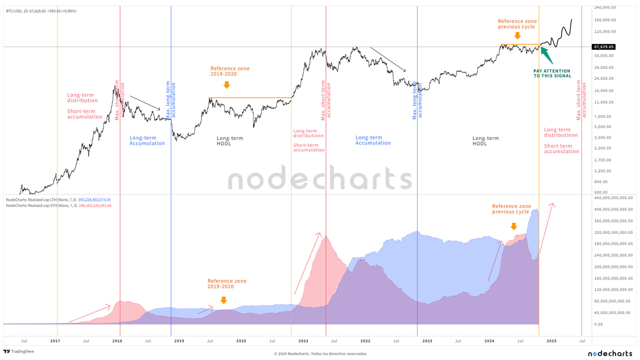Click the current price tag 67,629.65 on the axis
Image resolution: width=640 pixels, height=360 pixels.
603,46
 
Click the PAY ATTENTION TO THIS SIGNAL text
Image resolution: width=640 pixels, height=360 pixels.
551,73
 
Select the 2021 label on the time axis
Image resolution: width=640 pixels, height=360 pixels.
303,341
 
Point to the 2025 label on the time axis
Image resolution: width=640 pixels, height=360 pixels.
551,341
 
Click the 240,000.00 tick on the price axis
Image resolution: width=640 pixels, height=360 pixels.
605,7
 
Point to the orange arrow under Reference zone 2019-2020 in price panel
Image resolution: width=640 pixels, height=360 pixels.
226,85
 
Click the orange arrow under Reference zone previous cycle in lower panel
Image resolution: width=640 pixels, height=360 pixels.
513,226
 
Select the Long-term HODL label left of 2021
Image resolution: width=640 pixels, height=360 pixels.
230,140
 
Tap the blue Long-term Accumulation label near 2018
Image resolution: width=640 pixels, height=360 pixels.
147,140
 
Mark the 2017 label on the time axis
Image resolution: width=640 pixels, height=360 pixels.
55,341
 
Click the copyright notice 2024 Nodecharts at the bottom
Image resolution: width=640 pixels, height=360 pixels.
320,353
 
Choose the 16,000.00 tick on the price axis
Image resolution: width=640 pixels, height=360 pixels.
604,90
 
